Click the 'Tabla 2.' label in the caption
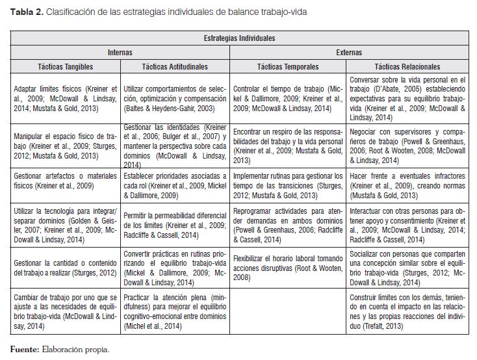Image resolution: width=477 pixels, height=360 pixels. [x=24, y=12]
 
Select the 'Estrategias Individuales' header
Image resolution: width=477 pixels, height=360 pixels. [x=239, y=38]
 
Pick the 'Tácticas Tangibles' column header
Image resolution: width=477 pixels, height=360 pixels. [x=65, y=66]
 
